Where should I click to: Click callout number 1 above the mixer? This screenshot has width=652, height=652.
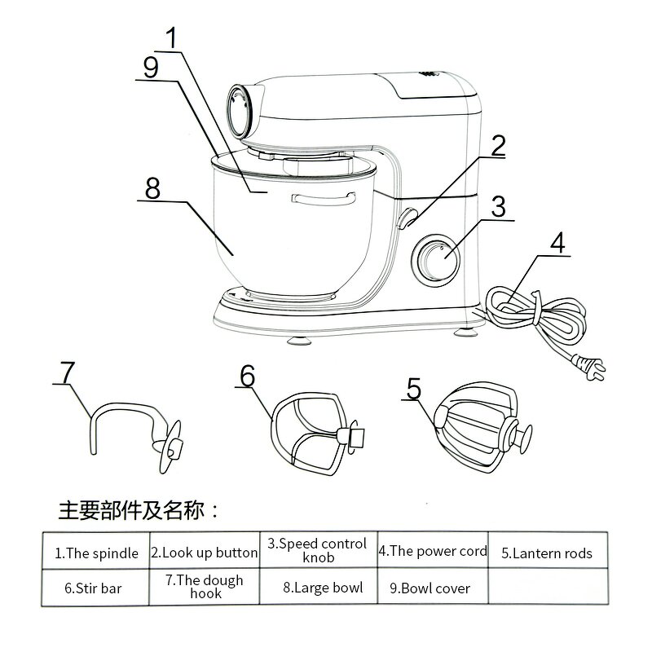(x=171, y=38)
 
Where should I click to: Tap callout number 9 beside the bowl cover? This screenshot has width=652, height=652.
(x=150, y=67)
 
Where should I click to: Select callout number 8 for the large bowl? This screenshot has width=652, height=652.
(x=152, y=188)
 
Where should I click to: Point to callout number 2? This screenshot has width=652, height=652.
(x=497, y=146)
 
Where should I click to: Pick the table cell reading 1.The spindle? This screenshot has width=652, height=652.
(x=96, y=553)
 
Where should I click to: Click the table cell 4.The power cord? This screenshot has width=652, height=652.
(x=433, y=551)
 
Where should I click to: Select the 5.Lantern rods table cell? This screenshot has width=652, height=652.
(x=547, y=553)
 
